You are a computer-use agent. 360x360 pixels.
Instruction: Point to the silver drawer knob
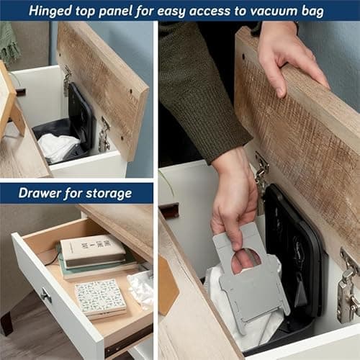click(46, 295)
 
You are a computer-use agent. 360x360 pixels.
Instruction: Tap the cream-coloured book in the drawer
click(93, 251)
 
